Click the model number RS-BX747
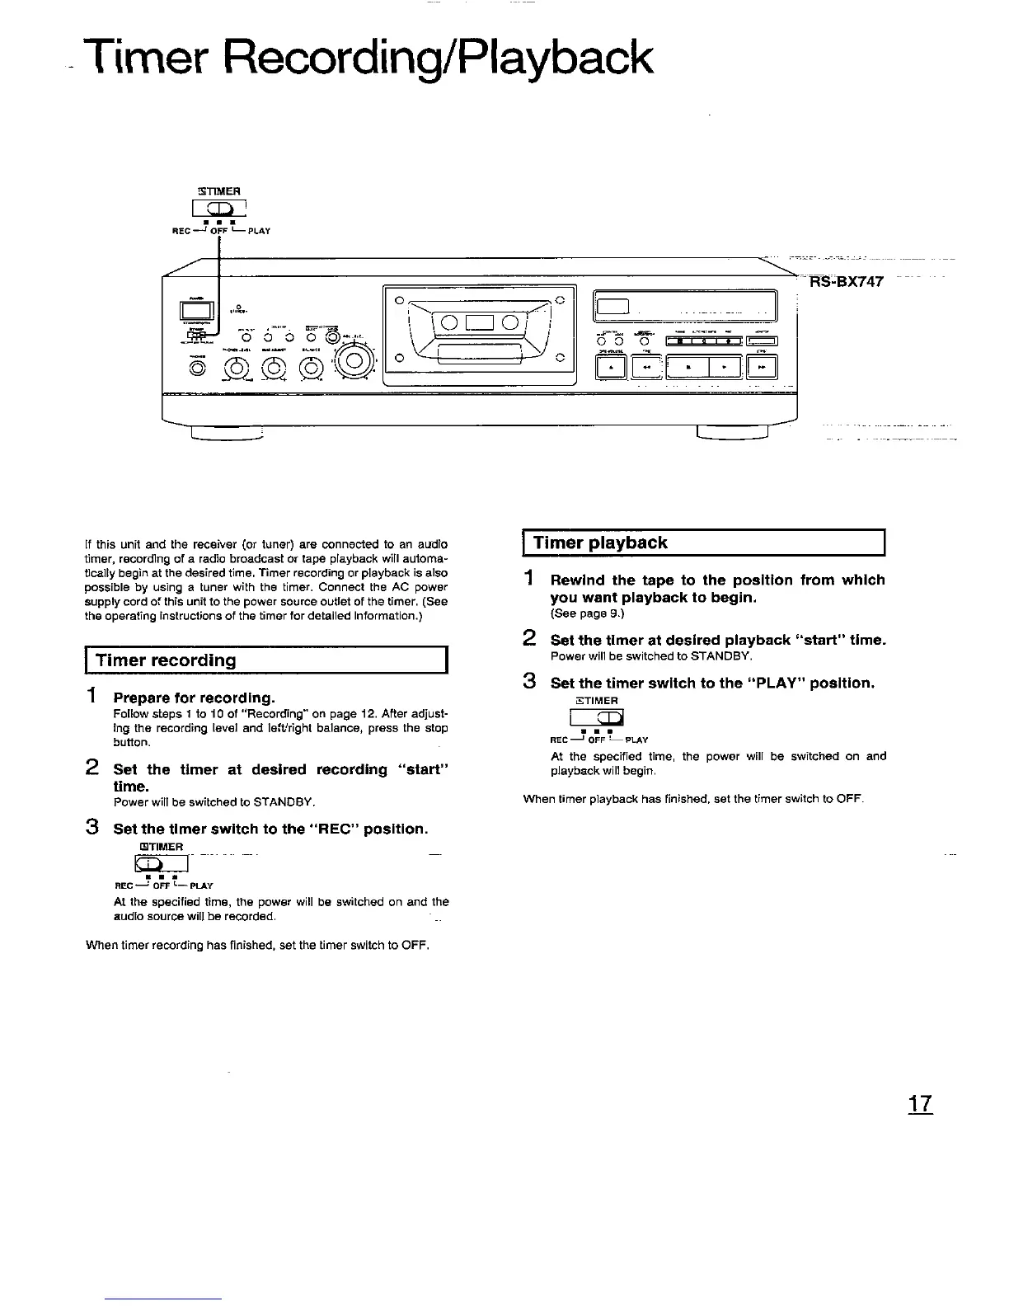[847, 281]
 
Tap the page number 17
[920, 1104]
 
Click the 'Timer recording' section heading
[167, 660]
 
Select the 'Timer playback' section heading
[600, 543]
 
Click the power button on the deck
[195, 310]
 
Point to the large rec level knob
[353, 360]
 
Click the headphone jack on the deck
[199, 369]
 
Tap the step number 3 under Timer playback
[530, 682]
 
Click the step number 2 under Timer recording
[93, 768]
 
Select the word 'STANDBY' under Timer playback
[719, 656]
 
